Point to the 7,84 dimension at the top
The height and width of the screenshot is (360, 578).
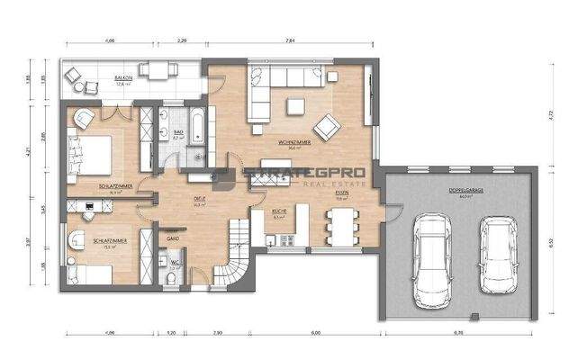coord(289,40)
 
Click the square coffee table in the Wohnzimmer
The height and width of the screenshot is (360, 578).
coord(294,106)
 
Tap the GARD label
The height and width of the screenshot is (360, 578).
coord(174,238)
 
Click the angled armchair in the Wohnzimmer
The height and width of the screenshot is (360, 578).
coord(325,124)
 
